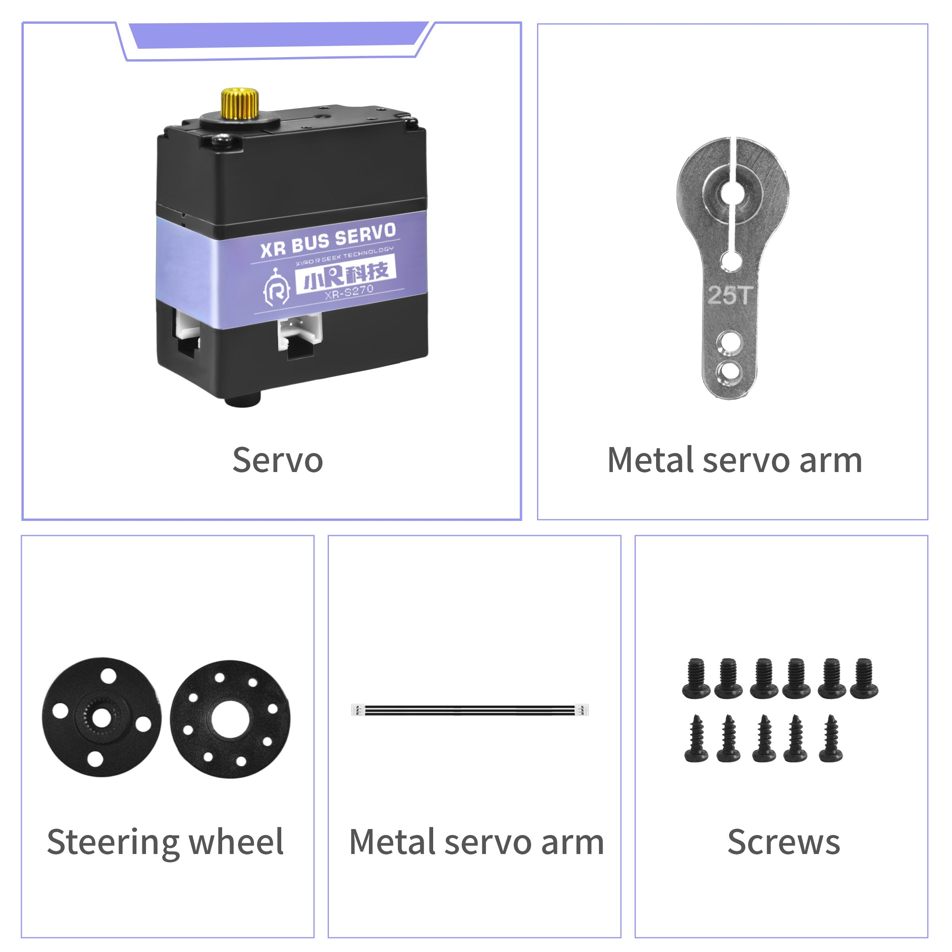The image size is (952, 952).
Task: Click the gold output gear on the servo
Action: (240, 104)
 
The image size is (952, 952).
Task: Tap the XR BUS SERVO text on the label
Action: (328, 240)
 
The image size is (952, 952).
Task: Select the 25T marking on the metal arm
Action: (730, 295)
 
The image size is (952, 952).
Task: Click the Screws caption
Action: (783, 842)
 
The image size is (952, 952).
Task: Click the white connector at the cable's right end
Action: (583, 710)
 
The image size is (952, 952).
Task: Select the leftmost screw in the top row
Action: (696, 678)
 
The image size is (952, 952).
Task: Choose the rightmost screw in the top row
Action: (864, 678)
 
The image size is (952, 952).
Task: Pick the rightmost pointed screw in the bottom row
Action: (831, 738)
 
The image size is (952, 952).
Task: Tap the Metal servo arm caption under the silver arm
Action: (735, 460)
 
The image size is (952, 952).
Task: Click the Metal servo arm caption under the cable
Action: (476, 842)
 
